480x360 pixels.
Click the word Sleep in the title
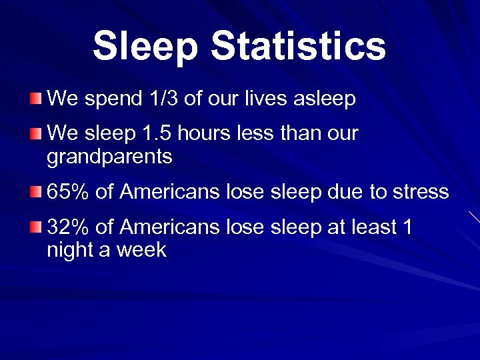coord(145,46)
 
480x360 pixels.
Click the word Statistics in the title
coord(298,46)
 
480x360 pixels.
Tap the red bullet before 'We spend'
coord(35,100)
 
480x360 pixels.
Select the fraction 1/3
coord(162,99)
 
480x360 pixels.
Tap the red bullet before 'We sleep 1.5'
coord(35,135)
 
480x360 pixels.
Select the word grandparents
coord(109,157)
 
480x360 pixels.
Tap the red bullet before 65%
coord(35,193)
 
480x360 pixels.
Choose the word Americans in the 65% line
coord(169,192)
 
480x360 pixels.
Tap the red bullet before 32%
coord(35,229)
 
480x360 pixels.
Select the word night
coord(69,251)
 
